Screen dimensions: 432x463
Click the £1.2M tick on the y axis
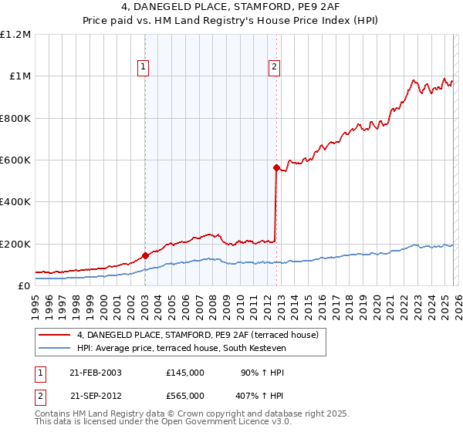[x=16, y=35]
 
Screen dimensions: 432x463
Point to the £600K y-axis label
[x=16, y=160]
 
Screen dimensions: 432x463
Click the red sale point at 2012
[x=275, y=167]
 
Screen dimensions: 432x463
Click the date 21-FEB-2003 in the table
[x=96, y=373]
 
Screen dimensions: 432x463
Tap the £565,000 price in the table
[x=184, y=395]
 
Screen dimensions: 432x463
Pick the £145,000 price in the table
[x=184, y=373]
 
